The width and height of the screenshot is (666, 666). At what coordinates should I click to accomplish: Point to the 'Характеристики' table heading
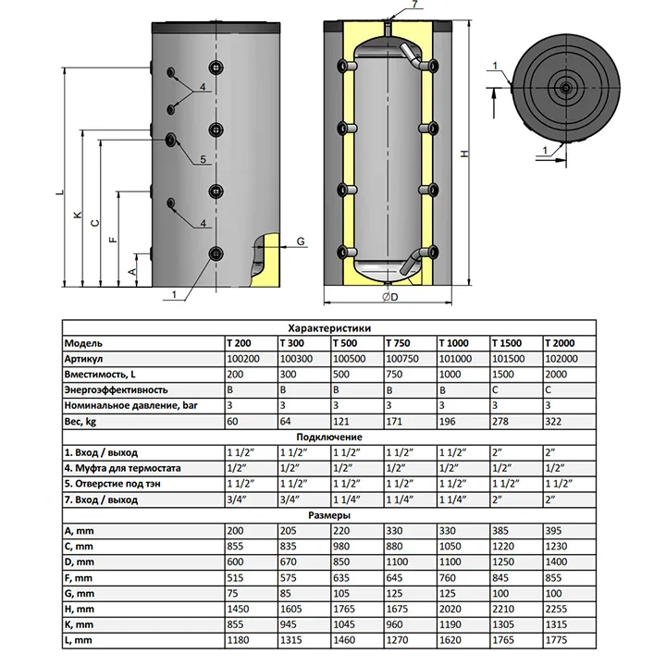point(329,327)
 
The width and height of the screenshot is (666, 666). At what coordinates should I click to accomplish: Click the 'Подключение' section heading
point(329,437)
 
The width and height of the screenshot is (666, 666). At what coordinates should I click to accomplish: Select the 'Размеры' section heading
point(329,515)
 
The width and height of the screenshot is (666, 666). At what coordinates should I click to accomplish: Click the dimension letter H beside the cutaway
point(462,154)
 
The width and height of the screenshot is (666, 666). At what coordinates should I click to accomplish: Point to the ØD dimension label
point(388,297)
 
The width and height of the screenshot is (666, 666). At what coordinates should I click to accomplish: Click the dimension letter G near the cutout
point(301,241)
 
